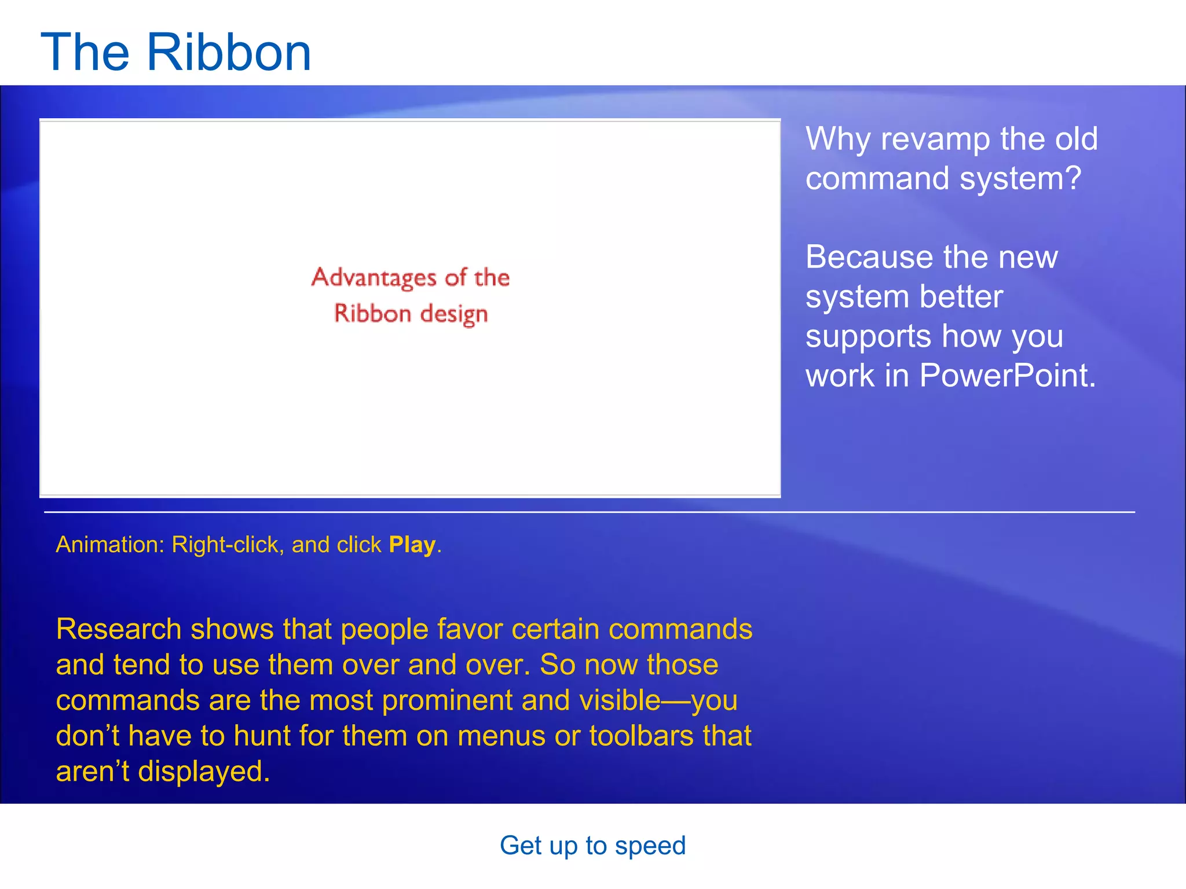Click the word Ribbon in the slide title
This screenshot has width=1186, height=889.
click(x=229, y=52)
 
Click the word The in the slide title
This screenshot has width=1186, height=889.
click(x=85, y=52)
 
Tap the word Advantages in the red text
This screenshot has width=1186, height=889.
click(x=374, y=278)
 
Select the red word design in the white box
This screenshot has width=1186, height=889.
click(x=454, y=314)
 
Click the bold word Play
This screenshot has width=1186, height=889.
click(x=412, y=545)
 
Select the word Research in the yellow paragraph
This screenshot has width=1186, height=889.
click(x=119, y=629)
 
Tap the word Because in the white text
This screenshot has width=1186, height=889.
click(x=869, y=257)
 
